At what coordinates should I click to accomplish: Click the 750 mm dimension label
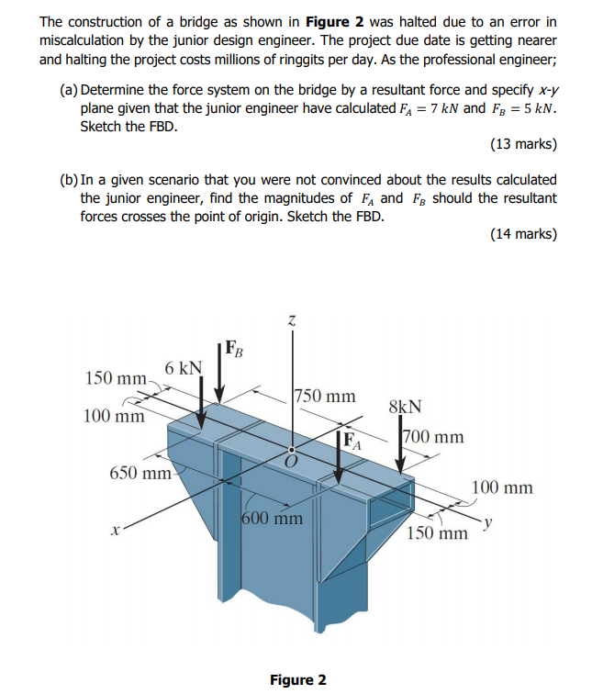pos(325,397)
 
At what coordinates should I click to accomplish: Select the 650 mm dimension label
pos(140,474)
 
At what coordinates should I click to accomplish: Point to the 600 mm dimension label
pos(273,518)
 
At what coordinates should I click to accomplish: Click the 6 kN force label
pos(184,368)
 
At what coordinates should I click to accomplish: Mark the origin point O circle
pos(292,451)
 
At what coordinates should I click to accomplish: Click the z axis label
pos(292,320)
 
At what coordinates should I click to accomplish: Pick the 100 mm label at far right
pos(502,487)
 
